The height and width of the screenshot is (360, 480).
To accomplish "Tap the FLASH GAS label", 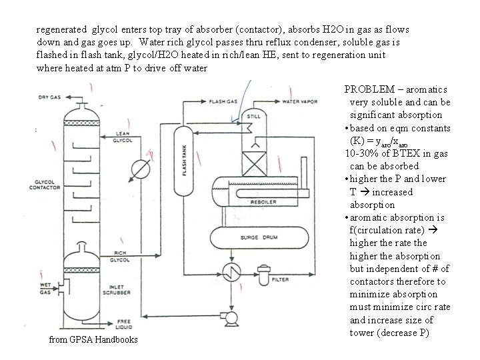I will [x=223, y=102].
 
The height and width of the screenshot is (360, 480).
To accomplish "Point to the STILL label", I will [x=253, y=115].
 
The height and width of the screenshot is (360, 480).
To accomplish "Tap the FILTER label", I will [x=280, y=280].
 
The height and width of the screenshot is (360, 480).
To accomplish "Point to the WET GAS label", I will [x=46, y=289].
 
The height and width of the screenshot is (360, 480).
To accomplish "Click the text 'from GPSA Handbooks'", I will [x=93, y=339].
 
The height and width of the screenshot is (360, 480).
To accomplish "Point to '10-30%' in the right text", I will [x=362, y=153].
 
